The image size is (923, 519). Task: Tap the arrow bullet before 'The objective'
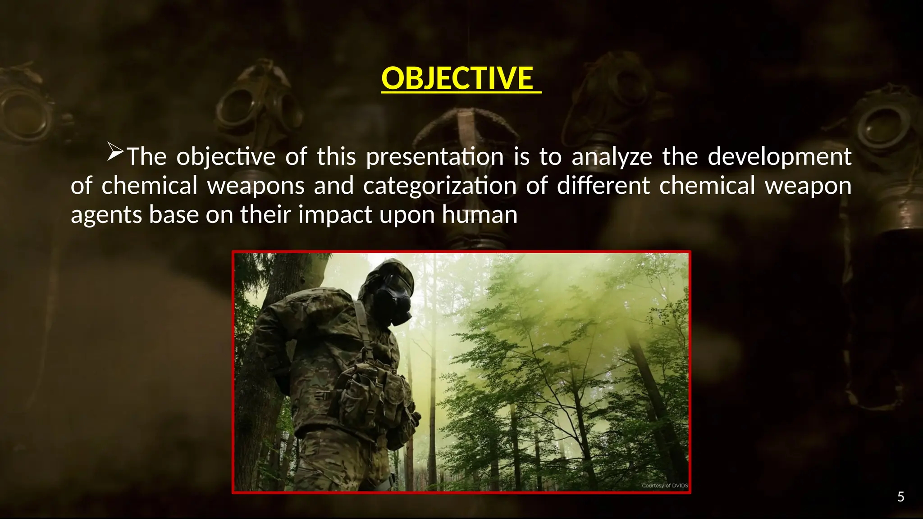click(115, 152)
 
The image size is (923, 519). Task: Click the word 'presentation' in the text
click(434, 157)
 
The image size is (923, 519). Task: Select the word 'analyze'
click(612, 157)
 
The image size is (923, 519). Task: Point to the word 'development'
click(779, 157)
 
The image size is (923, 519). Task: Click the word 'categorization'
click(439, 186)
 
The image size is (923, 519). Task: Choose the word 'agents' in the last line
click(106, 215)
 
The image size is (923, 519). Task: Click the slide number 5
click(900, 497)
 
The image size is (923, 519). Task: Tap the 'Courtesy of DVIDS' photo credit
click(664, 486)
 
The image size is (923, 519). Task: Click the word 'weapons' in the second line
click(256, 186)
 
